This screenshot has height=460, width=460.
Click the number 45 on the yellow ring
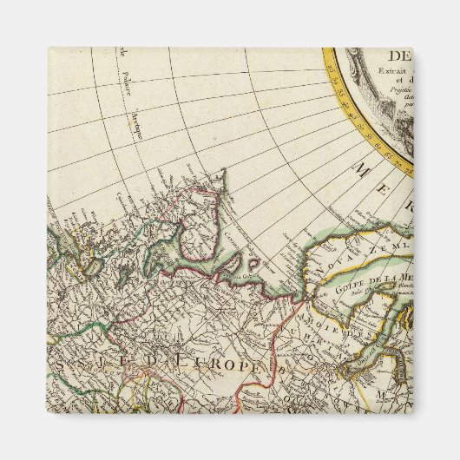pos(352,117)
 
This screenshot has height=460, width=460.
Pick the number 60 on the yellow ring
pos(378,146)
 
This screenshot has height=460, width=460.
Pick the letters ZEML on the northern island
pos(389,246)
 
